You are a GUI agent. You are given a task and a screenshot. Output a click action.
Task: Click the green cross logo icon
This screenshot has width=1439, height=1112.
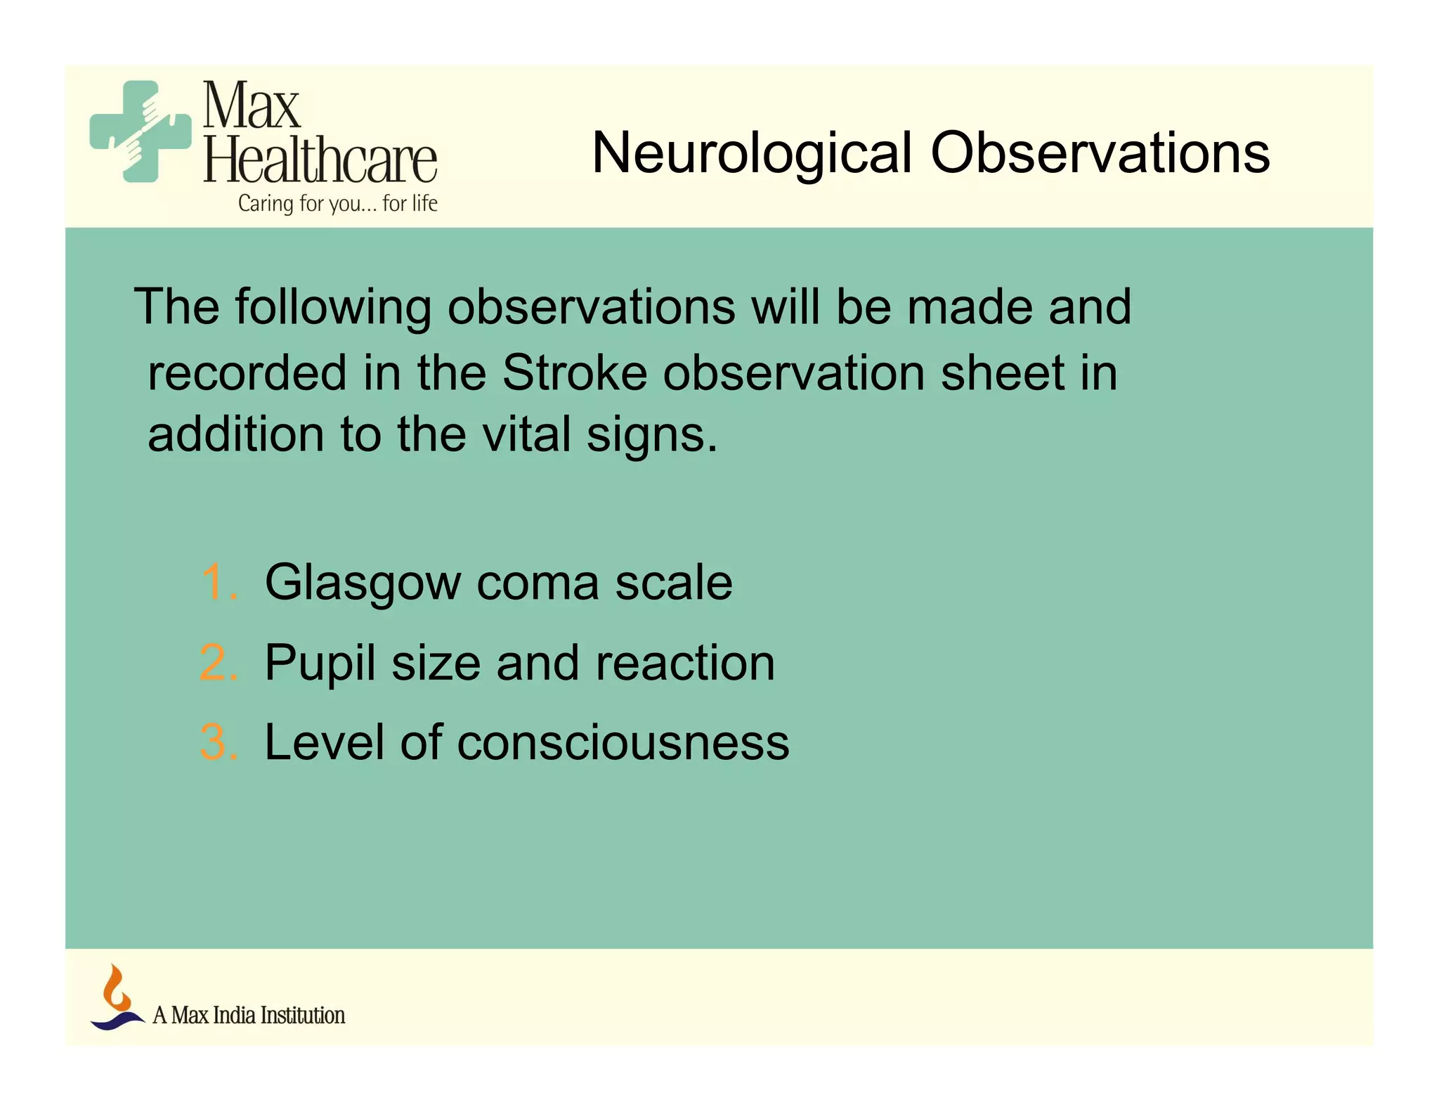141,131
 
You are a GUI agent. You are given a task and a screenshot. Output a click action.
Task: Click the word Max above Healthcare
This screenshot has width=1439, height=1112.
252,106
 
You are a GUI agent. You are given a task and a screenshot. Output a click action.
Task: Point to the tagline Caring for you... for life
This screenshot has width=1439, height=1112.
337,203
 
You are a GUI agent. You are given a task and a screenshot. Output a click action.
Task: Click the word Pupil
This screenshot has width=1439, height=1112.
320,664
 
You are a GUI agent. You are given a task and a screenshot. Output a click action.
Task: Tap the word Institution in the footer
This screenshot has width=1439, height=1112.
303,1015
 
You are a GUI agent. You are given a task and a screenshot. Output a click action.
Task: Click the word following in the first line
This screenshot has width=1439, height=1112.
333,308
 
